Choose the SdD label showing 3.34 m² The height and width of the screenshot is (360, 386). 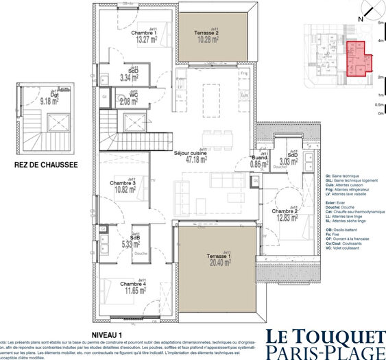129,75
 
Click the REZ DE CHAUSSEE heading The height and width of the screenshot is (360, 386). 45,165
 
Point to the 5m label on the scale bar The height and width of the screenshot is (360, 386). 380,23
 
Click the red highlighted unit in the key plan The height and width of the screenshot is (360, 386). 356,58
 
